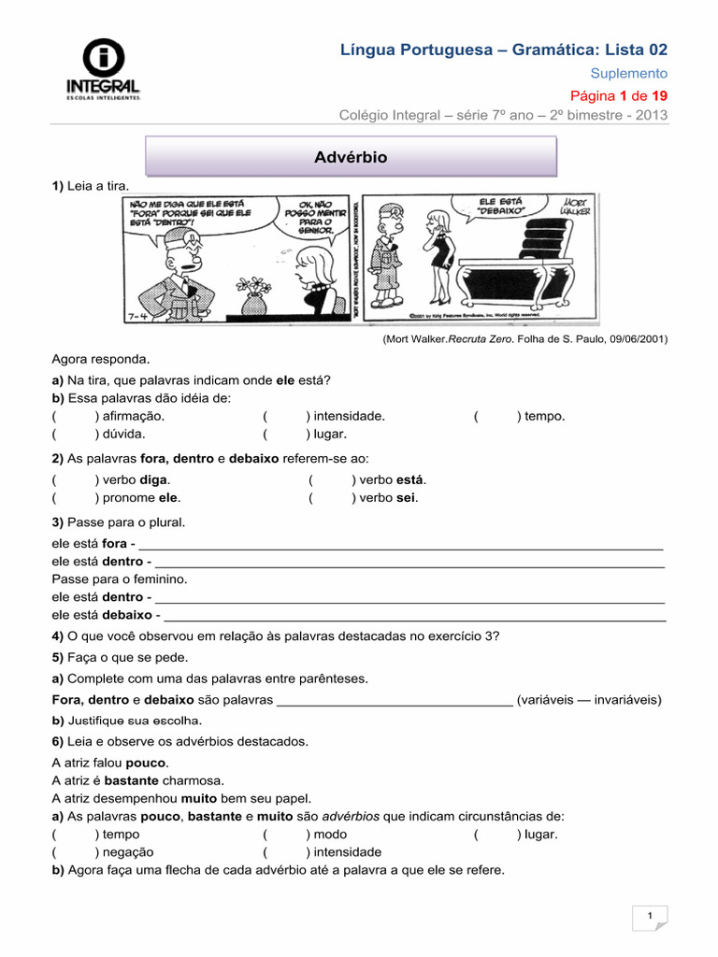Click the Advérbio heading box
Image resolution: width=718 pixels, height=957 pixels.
[351, 157]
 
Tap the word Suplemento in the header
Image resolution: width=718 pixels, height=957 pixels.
[629, 73]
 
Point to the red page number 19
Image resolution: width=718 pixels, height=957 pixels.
[659, 95]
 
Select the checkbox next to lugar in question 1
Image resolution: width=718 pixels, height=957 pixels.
[285, 434]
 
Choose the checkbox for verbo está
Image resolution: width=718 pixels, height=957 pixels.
[330, 479]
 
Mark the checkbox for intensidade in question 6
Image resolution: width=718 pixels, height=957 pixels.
[285, 852]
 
